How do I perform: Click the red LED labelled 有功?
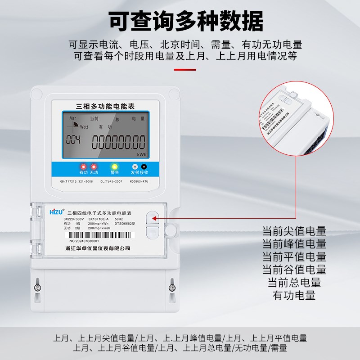tap(83, 166)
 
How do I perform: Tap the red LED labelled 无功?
tap(94, 166)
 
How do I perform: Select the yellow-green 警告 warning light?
tap(115, 166)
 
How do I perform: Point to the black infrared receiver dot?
tap(144, 166)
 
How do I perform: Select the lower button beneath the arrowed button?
tap(153, 233)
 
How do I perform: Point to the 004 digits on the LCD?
tap(73, 140)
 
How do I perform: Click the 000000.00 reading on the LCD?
tap(118, 142)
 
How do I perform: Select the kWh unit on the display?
tap(142, 154)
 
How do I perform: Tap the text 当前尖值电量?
tap(294, 231)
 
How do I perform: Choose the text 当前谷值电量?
tap(294, 270)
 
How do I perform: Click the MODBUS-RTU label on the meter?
tap(139, 181)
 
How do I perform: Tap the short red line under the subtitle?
tap(185, 70)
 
